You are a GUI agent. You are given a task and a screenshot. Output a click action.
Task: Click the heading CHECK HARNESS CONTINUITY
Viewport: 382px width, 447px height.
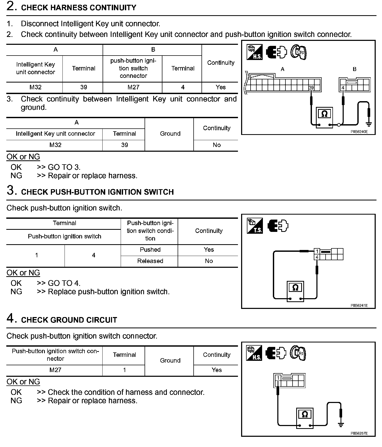(78, 8)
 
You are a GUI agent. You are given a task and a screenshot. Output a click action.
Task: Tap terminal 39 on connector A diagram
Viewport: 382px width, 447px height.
(311, 88)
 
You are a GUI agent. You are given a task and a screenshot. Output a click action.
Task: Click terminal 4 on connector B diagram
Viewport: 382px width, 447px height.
(343, 88)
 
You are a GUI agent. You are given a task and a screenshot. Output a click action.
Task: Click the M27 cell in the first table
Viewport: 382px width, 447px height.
(133, 87)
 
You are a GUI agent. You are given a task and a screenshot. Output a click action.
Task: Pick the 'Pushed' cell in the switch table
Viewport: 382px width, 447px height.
(150, 250)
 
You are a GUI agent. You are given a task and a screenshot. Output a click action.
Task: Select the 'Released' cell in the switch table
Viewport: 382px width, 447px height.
(150, 261)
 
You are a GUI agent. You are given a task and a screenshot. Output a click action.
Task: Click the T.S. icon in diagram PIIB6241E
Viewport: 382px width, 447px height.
(254, 226)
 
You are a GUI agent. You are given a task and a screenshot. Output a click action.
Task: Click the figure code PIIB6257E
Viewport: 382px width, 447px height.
(359, 433)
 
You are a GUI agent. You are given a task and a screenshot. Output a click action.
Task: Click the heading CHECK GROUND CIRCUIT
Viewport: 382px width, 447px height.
(69, 320)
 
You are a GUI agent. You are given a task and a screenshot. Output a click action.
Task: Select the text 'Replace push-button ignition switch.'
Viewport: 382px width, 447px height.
(109, 292)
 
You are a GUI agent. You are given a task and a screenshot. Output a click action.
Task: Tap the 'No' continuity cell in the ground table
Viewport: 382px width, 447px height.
(216, 145)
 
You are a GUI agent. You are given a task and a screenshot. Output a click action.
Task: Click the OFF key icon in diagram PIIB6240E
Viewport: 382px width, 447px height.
(299, 52)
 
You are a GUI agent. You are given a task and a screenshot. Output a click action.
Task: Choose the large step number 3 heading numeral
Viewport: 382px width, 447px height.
(10, 190)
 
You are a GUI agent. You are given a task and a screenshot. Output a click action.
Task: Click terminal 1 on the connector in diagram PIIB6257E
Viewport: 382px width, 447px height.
(278, 378)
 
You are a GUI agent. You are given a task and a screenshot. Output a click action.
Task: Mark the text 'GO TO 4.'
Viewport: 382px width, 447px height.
(64, 283)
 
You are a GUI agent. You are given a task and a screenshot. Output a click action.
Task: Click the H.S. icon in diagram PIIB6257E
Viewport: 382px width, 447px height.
(254, 353)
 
